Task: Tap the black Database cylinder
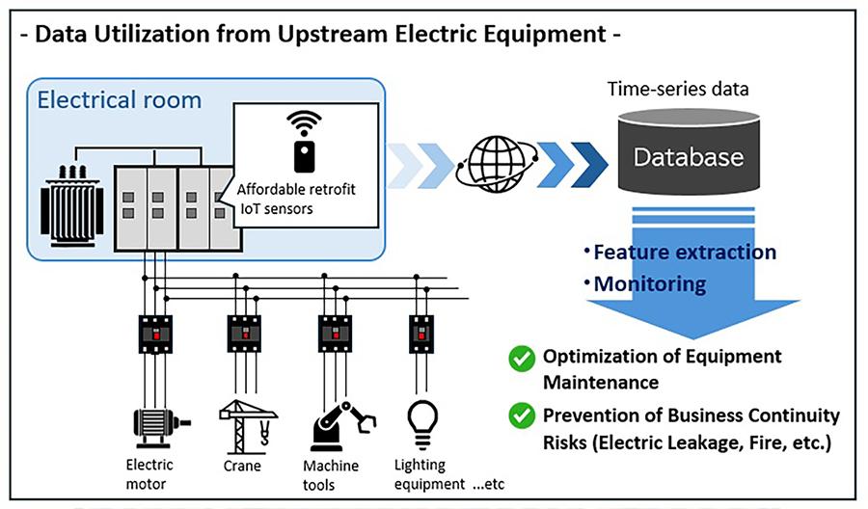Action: [x=688, y=157]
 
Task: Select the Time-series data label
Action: [x=678, y=89]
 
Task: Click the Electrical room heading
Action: [x=119, y=99]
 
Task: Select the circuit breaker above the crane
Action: [x=243, y=334]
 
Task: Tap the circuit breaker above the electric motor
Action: [x=155, y=334]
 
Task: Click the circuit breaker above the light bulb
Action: [x=420, y=334]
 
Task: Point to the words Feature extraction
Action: [x=684, y=253]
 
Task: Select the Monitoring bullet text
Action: [x=649, y=284]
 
